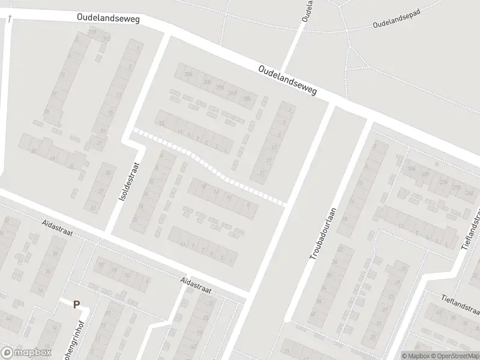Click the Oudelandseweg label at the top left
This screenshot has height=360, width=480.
(x=108, y=19)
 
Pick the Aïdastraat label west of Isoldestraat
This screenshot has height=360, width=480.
(x=57, y=229)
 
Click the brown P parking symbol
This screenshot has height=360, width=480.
(x=76, y=305)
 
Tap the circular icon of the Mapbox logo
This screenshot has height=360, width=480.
(x=7, y=353)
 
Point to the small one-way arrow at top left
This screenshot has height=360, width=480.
(x=10, y=20)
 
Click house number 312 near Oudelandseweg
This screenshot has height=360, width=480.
(x=106, y=39)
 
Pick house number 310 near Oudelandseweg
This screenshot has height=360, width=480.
(x=92, y=31)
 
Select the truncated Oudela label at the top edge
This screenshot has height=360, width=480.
(x=308, y=11)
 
